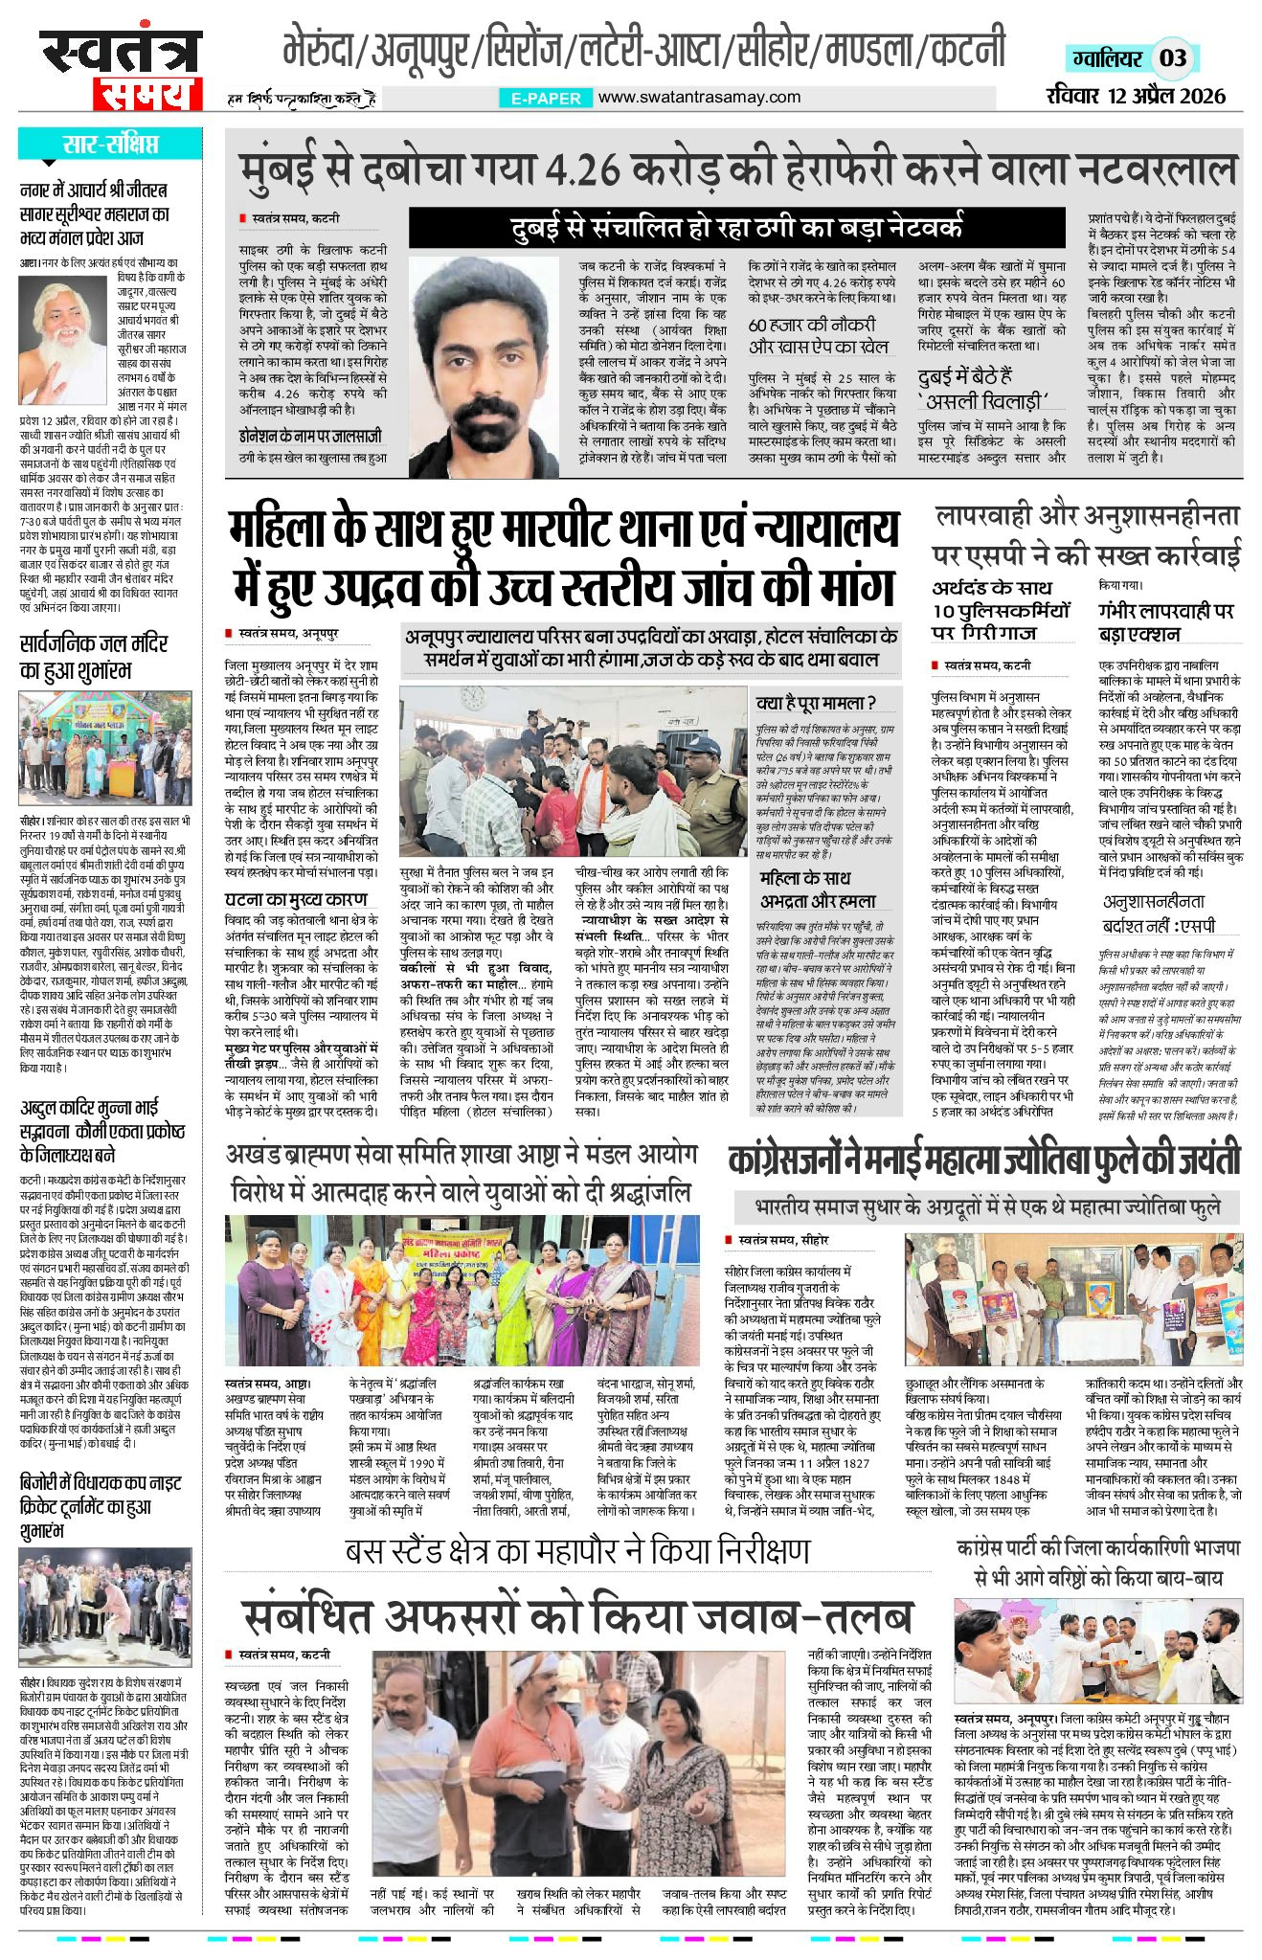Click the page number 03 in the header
coord(1173,58)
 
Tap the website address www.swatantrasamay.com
coord(699,97)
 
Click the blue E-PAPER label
coord(546,98)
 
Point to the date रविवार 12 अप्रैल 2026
coord(1137,96)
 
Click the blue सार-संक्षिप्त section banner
coord(110,145)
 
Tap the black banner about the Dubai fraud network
coord(735,228)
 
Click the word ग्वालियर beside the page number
coord(1107,59)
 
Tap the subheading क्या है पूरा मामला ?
coord(816,702)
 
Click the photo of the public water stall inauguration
coord(104,751)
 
